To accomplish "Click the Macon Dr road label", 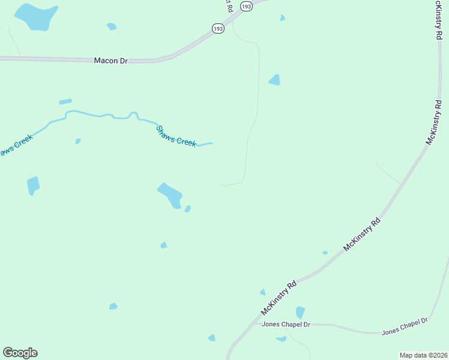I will click(x=111, y=61).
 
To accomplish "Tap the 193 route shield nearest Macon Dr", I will click(x=218, y=29).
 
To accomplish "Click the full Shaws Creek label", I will click(x=176, y=136).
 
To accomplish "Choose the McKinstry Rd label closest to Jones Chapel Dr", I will click(x=279, y=298).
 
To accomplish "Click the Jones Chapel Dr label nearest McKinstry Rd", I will click(x=286, y=324).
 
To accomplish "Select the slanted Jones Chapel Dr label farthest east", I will click(x=405, y=326).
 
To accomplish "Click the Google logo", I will click(x=20, y=353).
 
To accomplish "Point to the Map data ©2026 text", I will click(x=423, y=355).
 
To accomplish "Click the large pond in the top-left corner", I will click(x=35, y=16).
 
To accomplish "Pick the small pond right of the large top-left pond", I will click(x=111, y=26).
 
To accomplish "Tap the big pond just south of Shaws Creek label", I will click(x=170, y=195).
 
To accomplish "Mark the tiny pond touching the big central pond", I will click(x=188, y=209).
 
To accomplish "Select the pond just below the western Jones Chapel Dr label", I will click(x=281, y=339).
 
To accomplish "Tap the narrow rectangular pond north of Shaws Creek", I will click(x=65, y=101).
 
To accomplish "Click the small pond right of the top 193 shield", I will click(x=282, y=18).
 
